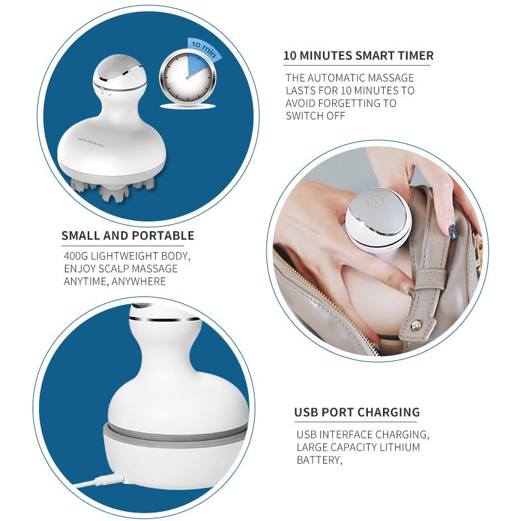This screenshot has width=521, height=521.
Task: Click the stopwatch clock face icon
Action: pyautogui.click(x=188, y=78)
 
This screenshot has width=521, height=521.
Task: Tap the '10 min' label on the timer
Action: pyautogui.click(x=203, y=49)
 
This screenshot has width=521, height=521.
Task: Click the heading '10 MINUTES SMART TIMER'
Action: pyautogui.click(x=358, y=55)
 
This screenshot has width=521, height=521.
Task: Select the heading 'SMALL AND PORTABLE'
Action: pyautogui.click(x=128, y=235)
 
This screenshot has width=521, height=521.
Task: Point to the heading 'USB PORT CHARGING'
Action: pyautogui.click(x=357, y=412)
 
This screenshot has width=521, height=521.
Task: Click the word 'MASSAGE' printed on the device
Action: pyautogui.click(x=91, y=141)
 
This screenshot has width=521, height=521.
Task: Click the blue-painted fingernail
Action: pyautogui.click(x=453, y=231)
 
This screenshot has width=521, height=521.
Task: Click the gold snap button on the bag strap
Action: pyautogui.click(x=415, y=326)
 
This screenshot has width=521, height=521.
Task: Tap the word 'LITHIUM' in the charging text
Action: pyautogui.click(x=400, y=447)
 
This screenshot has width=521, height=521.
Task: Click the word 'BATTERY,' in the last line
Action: pyautogui.click(x=319, y=460)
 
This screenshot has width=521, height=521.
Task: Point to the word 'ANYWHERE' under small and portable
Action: pyautogui.click(x=139, y=281)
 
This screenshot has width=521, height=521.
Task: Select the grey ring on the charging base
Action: pyautogui.click(x=175, y=434)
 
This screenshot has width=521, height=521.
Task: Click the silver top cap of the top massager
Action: pyautogui.click(x=120, y=68)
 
